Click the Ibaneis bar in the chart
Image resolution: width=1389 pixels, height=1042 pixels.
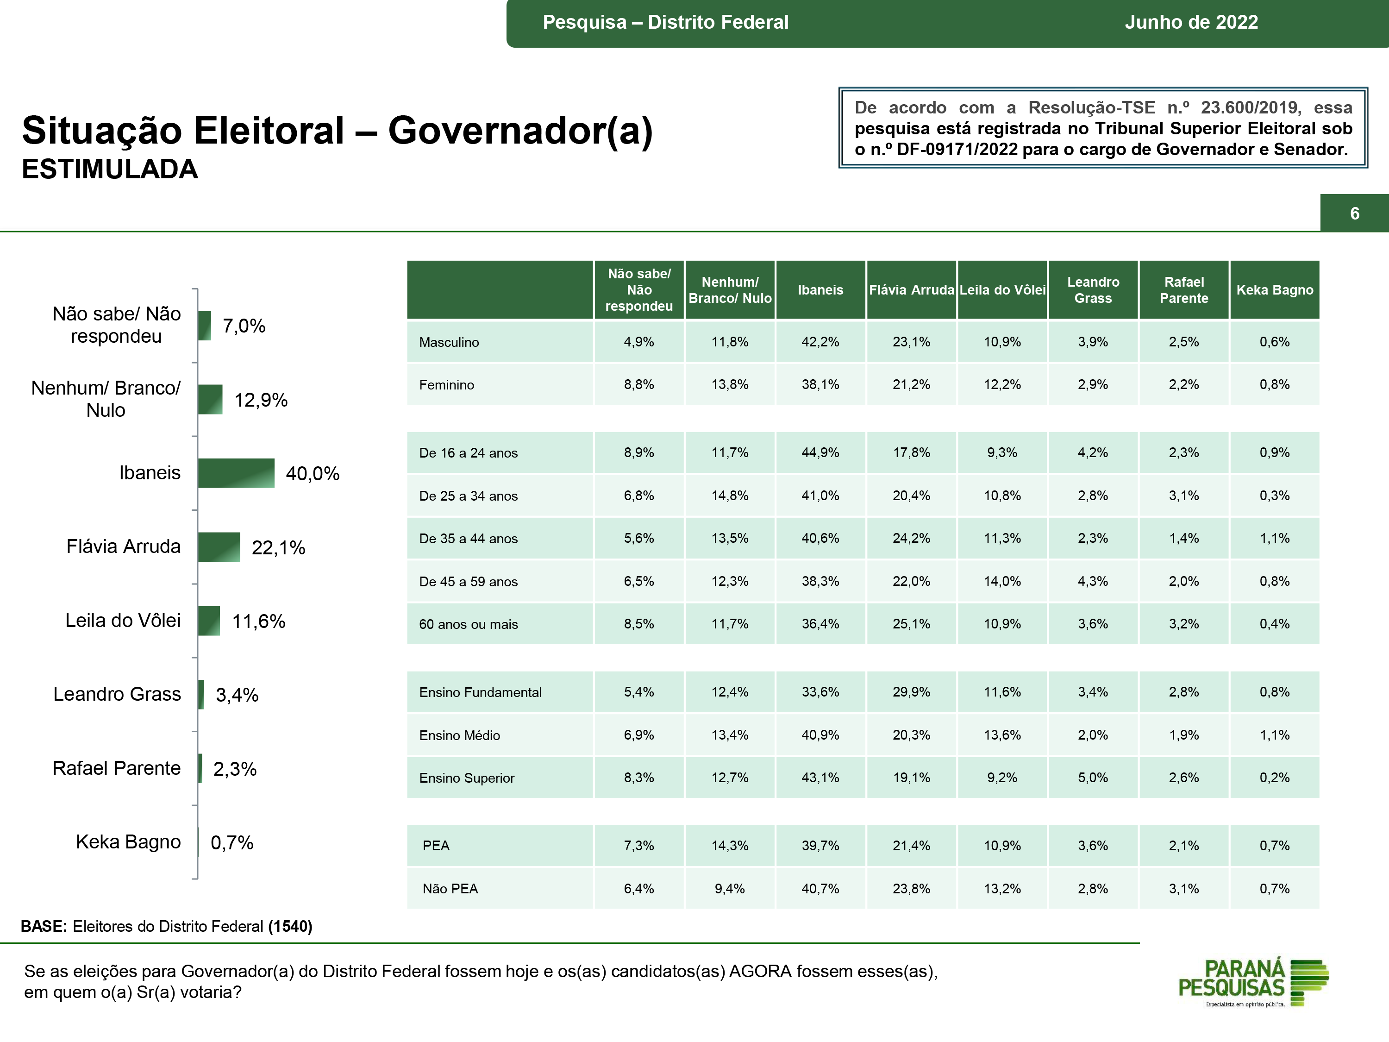[236, 473]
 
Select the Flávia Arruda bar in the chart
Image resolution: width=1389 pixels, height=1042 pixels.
[219, 547]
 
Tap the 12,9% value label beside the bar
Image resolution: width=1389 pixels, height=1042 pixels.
[261, 400]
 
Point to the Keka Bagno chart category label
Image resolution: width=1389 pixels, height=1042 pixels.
[128, 841]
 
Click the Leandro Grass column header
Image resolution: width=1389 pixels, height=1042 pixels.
[1093, 290]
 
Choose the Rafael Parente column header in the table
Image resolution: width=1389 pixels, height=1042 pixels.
[1184, 290]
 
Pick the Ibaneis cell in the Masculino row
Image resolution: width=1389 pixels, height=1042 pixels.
[820, 342]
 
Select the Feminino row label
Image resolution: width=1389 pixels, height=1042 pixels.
[446, 385]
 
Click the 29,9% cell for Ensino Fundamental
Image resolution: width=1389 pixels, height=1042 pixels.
[911, 692]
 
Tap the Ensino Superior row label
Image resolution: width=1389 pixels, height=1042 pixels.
[467, 778]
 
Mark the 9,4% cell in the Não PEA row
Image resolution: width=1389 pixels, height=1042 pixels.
[730, 889]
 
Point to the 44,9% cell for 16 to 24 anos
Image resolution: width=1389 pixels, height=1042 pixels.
[820, 453]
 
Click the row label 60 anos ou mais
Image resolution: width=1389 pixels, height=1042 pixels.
[469, 624]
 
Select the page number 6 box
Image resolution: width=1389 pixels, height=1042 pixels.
[1354, 213]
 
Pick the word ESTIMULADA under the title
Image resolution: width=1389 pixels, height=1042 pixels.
[110, 169]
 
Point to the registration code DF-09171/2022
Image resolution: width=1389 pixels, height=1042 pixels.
[957, 150]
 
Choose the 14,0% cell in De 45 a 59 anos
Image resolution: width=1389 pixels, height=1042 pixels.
[1002, 582]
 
